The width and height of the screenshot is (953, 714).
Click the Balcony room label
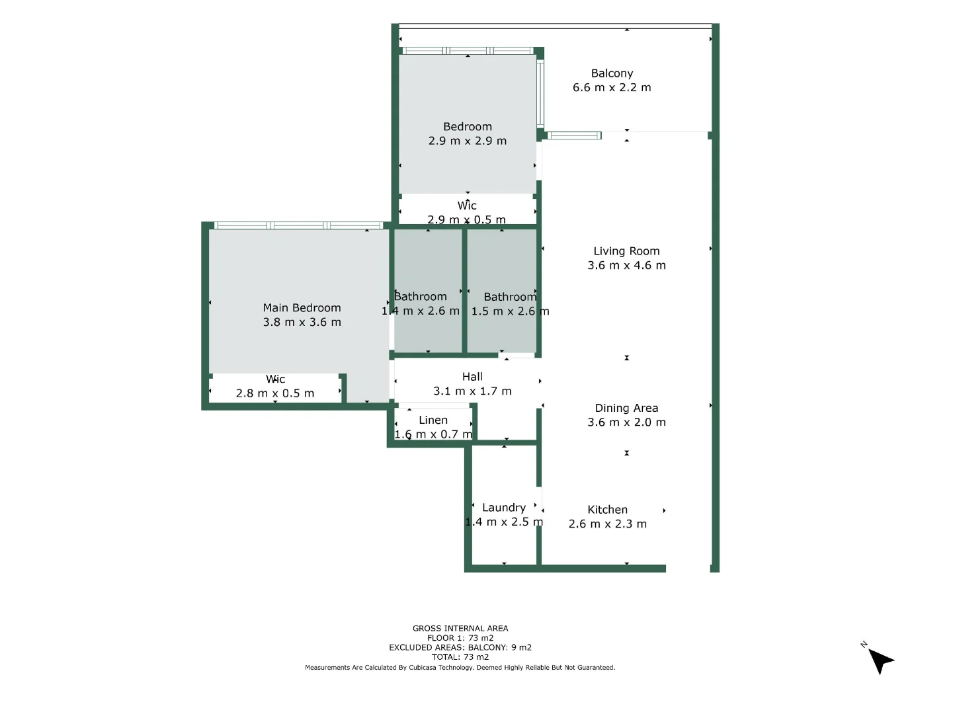(612, 73)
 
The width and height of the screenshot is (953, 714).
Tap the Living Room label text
(626, 251)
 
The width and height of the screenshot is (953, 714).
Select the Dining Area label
(626, 408)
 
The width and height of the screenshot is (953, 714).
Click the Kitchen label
(607, 510)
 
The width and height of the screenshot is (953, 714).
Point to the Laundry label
(503, 508)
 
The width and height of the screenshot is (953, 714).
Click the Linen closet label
(433, 420)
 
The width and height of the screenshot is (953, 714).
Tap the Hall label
(472, 377)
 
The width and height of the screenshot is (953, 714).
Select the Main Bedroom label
(302, 308)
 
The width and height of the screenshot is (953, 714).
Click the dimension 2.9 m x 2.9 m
(468, 141)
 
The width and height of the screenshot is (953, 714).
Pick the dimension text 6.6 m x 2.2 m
(612, 87)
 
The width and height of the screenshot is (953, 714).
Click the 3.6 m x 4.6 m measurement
(626, 265)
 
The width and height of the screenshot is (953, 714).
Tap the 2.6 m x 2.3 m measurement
(607, 524)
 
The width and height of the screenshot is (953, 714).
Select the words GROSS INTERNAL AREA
(460, 629)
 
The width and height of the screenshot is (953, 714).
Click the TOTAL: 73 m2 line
(460, 657)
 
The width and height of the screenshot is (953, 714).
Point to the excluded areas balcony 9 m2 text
(460, 648)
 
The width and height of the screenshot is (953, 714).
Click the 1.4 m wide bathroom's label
(421, 297)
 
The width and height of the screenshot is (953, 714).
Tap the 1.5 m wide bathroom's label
(510, 297)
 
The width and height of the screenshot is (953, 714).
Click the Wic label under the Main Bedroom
(275, 379)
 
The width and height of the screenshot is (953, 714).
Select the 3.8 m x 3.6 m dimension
(302, 323)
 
